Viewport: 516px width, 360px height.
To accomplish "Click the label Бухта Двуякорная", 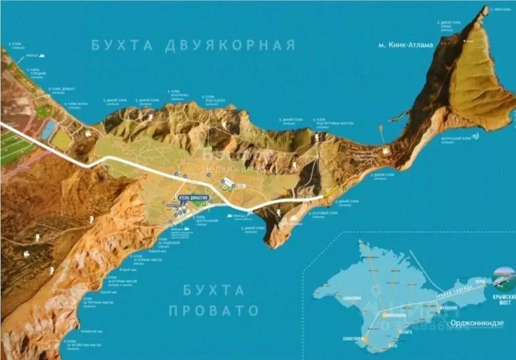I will point(193,45).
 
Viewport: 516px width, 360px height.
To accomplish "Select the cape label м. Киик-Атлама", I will point(405,45).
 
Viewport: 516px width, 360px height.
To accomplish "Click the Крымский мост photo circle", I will point(505,277).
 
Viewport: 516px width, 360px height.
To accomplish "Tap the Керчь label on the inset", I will point(480,278).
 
